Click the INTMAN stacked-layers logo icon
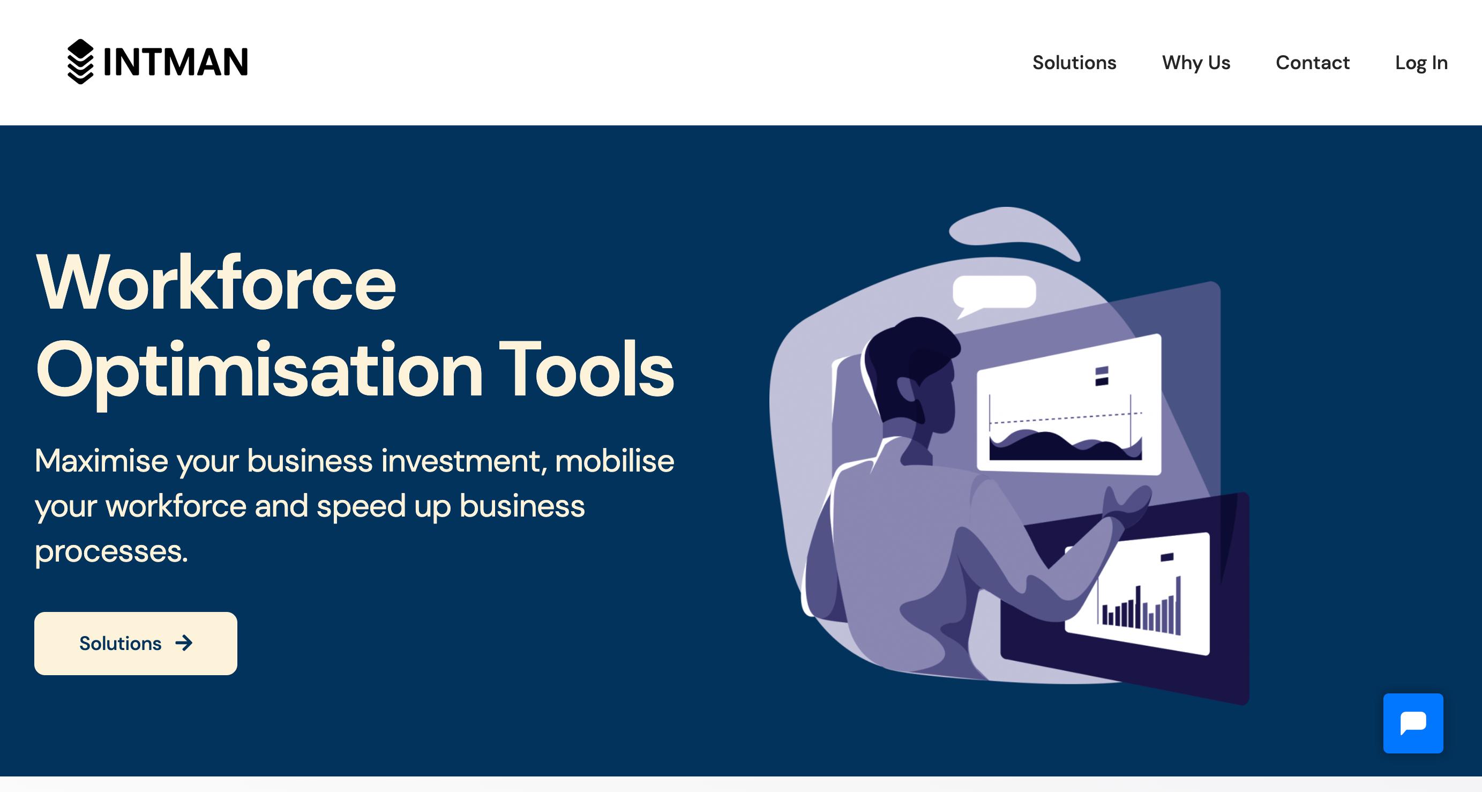[80, 62]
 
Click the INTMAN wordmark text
[175, 62]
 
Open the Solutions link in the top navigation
[1074, 62]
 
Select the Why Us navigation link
[1196, 62]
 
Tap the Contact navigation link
[1312, 62]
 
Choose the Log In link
[1421, 63]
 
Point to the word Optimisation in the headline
[259, 372]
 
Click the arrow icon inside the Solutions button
[184, 643]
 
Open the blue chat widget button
[1413, 723]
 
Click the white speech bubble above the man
[994, 294]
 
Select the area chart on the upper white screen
[1066, 437]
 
